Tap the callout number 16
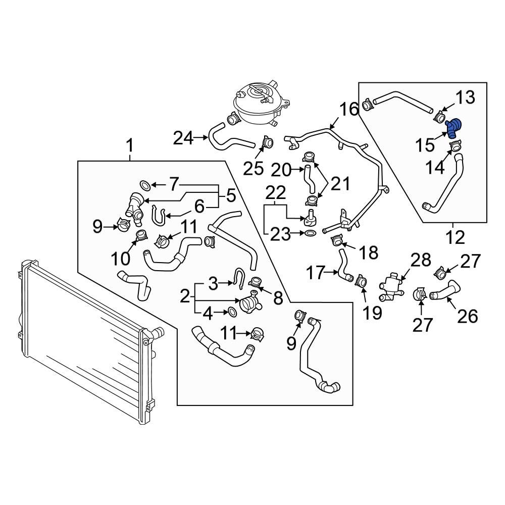(x=348, y=110)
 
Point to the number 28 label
(x=420, y=261)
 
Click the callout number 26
(x=467, y=316)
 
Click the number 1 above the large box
(x=130, y=147)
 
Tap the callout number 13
(x=466, y=98)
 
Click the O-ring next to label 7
(x=143, y=185)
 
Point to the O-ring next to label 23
(x=311, y=233)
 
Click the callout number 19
(x=373, y=313)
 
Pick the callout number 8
(x=277, y=299)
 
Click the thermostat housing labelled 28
(x=393, y=285)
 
